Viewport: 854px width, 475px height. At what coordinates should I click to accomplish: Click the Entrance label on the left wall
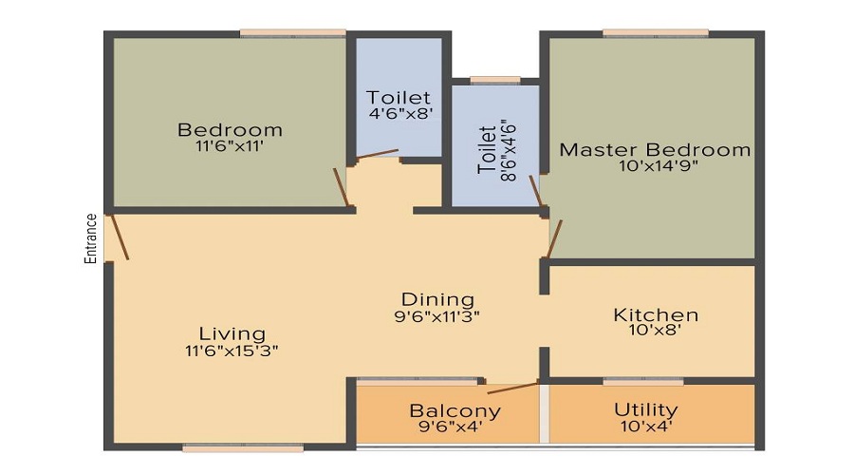point(91,237)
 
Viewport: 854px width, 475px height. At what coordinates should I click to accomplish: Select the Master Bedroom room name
point(654,150)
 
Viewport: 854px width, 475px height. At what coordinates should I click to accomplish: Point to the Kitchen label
point(655,314)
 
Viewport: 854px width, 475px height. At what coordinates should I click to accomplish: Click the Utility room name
point(645,409)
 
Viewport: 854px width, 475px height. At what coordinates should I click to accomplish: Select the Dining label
point(436,299)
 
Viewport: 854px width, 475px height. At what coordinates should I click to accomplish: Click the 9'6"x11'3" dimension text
point(436,316)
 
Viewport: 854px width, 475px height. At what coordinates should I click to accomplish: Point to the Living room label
point(232,333)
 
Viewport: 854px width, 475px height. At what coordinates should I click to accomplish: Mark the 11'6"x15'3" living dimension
point(232,350)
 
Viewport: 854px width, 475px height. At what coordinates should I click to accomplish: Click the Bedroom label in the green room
point(230,129)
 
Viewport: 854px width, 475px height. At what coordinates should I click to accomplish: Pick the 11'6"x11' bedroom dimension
point(230,146)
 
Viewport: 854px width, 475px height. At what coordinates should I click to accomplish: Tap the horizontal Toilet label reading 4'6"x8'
point(399,97)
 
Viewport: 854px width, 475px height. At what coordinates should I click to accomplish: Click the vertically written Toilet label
point(487,149)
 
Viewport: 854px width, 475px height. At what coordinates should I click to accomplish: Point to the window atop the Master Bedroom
point(655,33)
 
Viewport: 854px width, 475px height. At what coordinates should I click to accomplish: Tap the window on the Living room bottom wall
point(243,447)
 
